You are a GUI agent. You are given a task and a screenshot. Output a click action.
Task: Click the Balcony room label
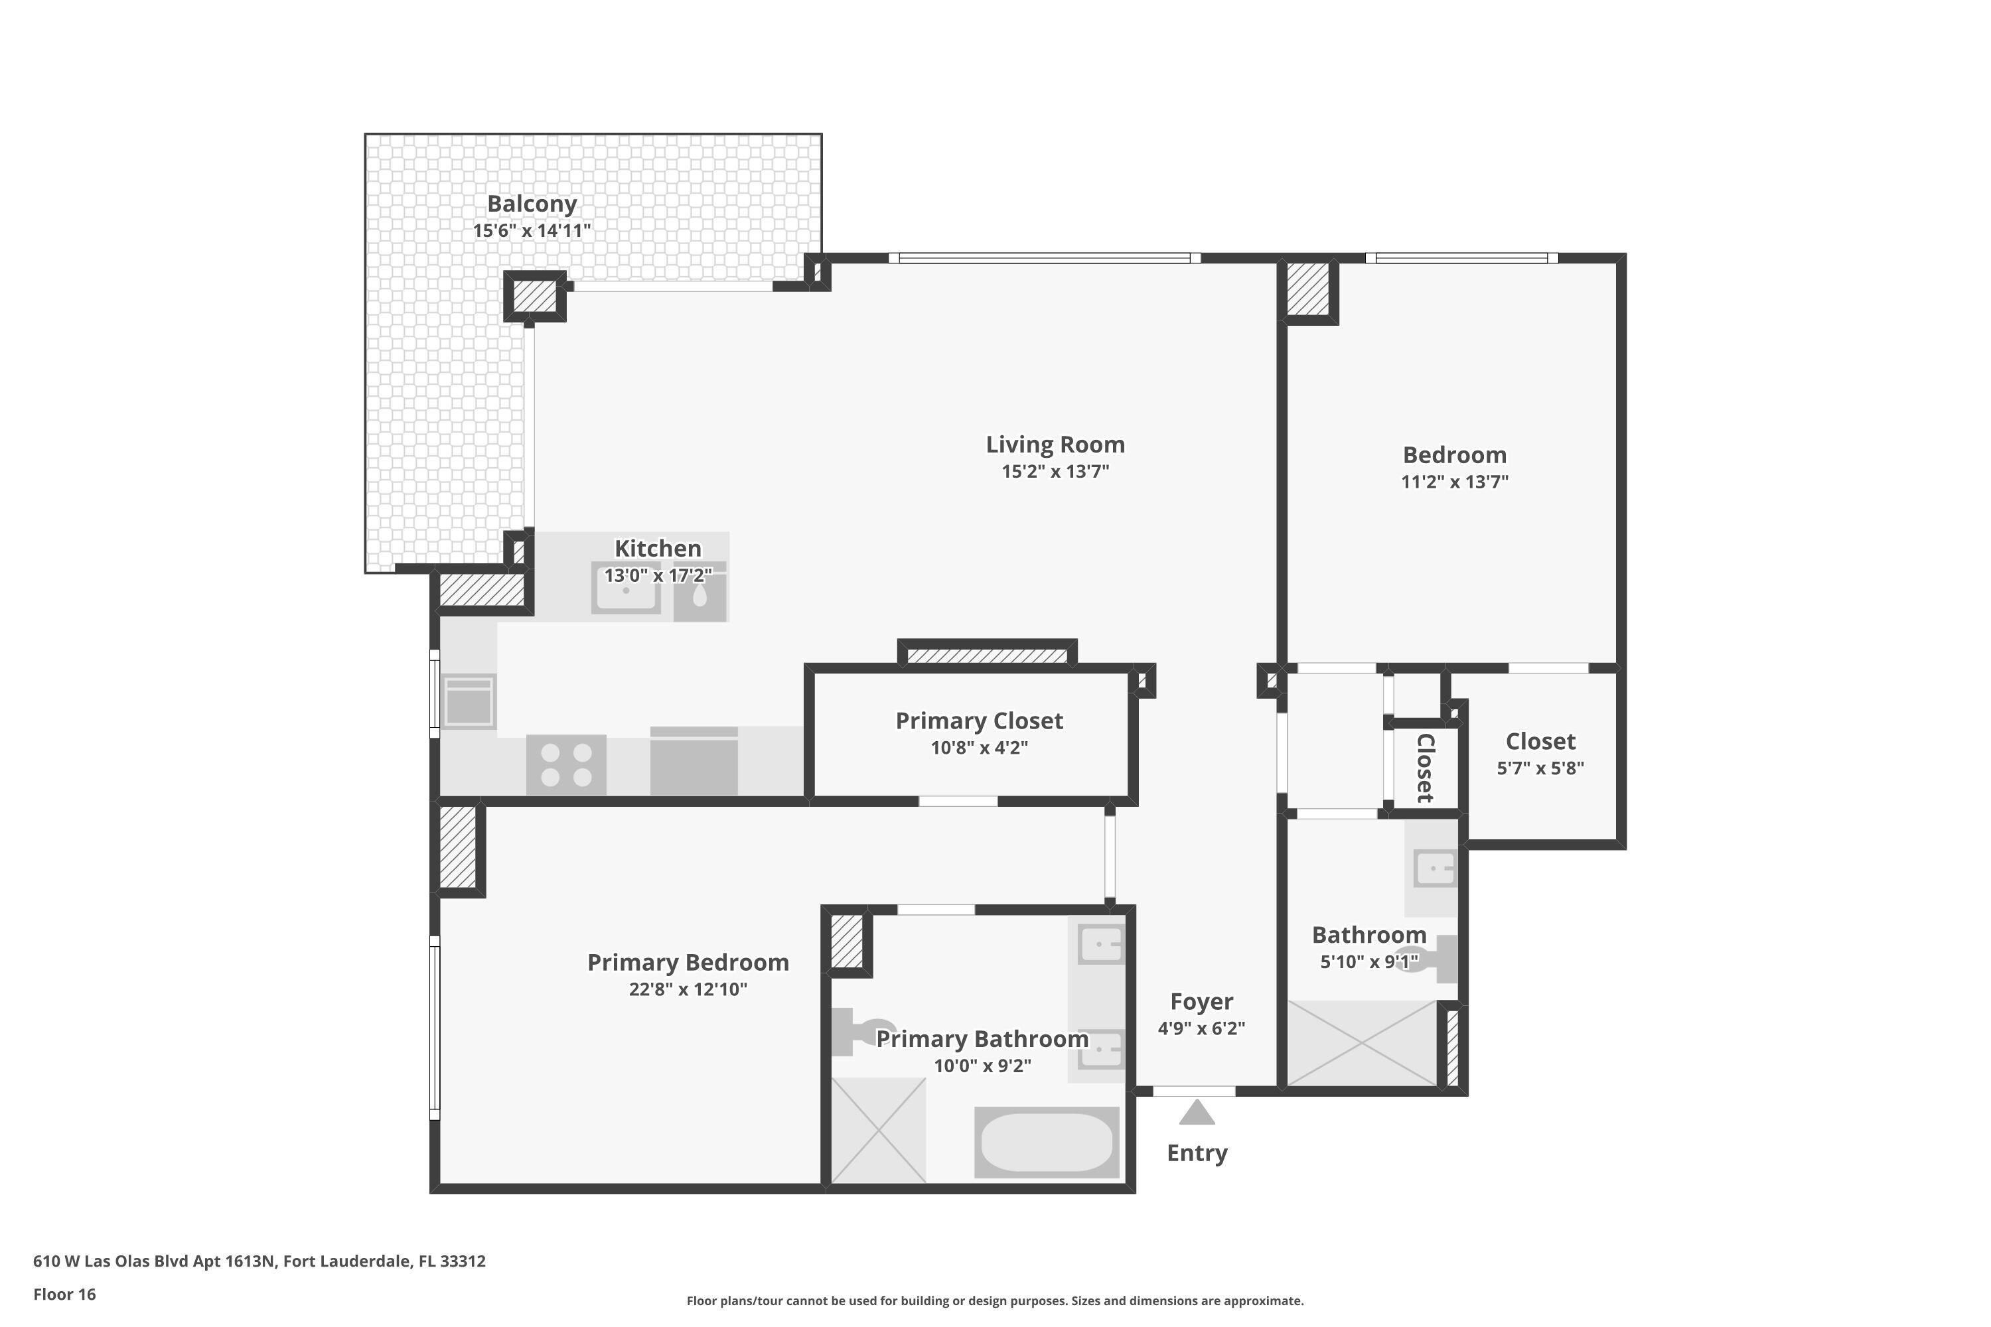(x=532, y=204)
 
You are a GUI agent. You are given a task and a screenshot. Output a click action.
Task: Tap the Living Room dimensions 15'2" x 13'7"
(x=1055, y=471)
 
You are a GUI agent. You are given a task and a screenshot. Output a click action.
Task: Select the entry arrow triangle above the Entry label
(x=1196, y=1112)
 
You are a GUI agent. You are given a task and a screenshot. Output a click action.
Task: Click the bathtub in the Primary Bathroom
(x=1047, y=1143)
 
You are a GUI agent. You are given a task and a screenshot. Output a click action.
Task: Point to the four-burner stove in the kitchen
(x=565, y=764)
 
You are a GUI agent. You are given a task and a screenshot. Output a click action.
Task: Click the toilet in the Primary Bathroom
(x=859, y=1032)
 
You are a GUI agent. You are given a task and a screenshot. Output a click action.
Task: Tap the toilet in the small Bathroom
(x=1431, y=959)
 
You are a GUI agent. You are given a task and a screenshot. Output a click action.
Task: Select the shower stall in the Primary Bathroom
(x=879, y=1130)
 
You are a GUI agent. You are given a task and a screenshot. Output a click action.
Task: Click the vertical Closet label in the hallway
(x=1425, y=768)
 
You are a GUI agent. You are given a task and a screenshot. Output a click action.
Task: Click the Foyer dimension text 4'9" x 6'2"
(x=1201, y=1028)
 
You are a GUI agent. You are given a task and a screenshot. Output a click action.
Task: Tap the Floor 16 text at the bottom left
(x=64, y=1294)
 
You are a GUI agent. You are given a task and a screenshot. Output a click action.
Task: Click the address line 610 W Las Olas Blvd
(x=259, y=1261)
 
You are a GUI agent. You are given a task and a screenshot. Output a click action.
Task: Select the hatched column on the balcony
(x=535, y=296)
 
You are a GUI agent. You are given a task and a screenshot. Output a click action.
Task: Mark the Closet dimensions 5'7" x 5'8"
(x=1540, y=768)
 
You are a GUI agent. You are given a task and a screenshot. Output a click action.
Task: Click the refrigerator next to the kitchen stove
(x=694, y=761)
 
